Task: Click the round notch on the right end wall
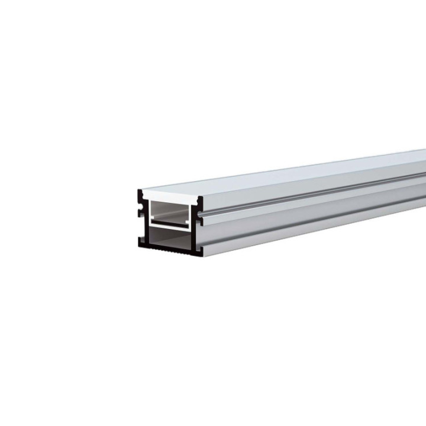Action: click(200, 215)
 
